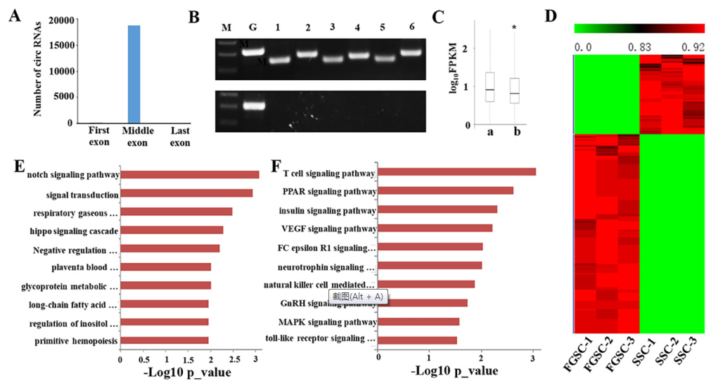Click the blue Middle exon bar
(x=134, y=74)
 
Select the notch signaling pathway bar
(x=190, y=174)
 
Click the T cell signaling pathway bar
(x=456, y=172)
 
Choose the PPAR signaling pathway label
(x=330, y=191)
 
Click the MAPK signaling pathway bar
(x=418, y=322)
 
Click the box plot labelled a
(x=490, y=87)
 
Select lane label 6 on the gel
(x=411, y=27)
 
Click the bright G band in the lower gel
(x=253, y=106)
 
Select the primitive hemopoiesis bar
(x=165, y=341)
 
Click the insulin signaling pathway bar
(x=437, y=209)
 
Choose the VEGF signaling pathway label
(x=330, y=228)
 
